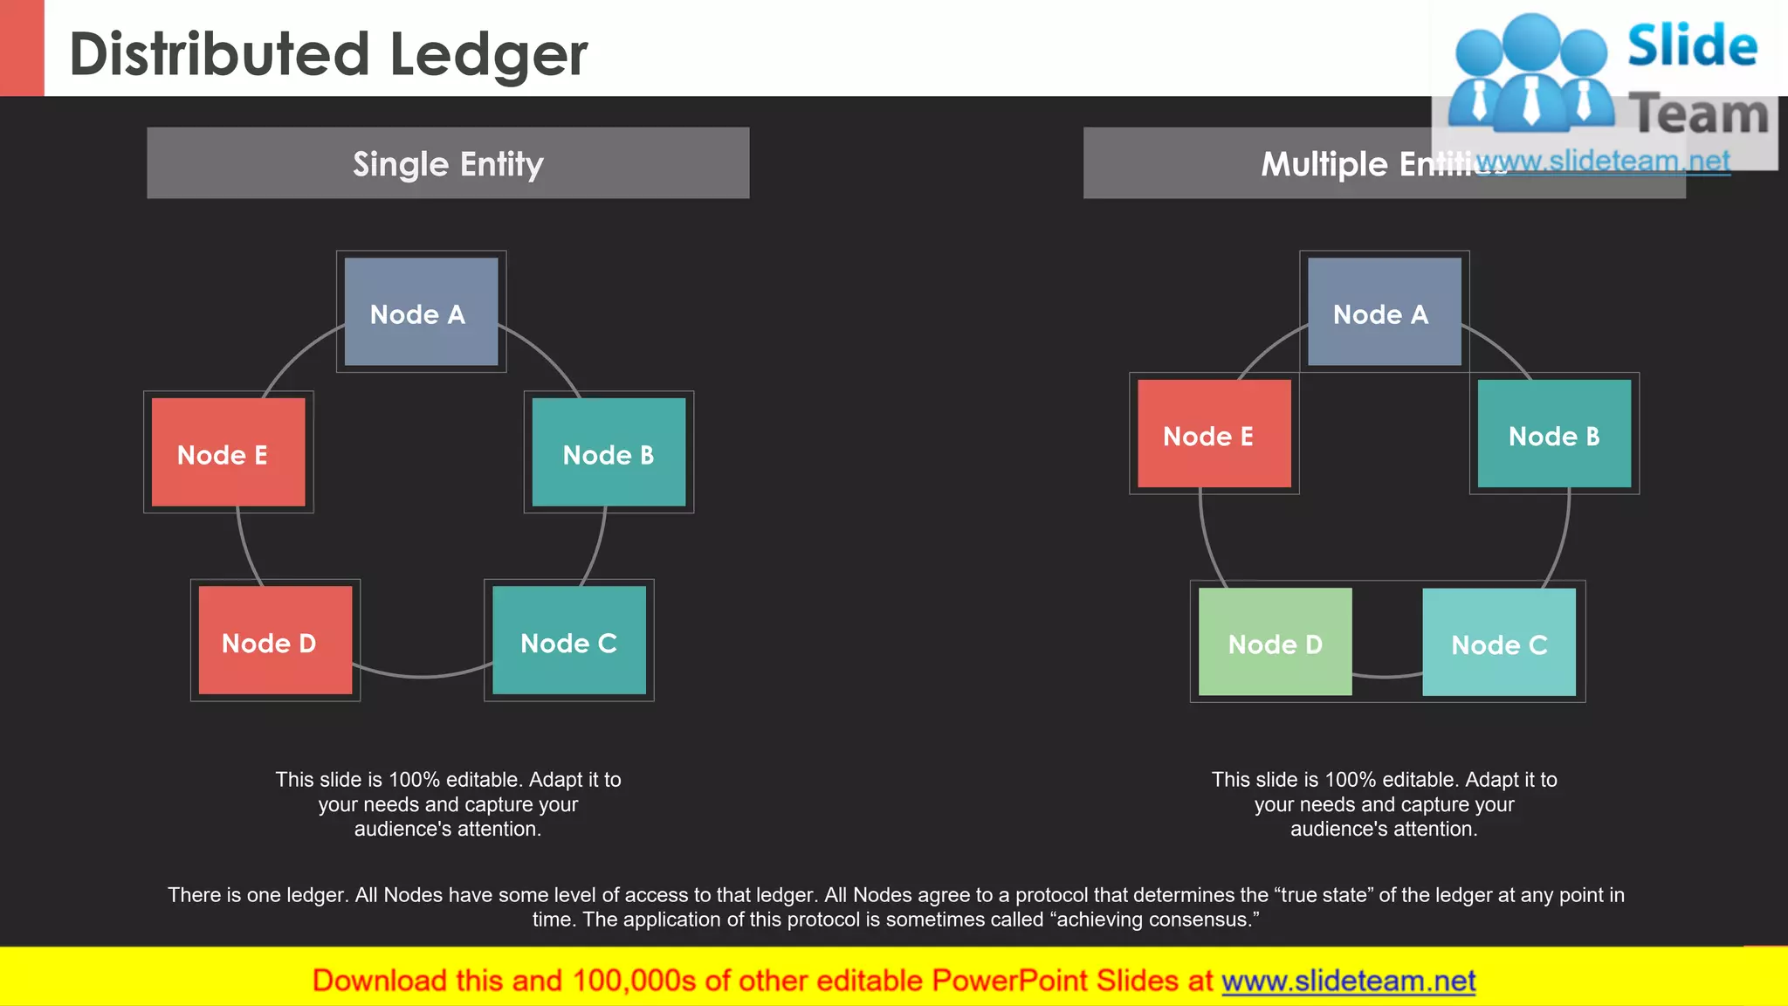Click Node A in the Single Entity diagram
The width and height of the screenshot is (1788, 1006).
[x=421, y=312]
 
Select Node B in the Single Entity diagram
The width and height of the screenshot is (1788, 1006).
[x=609, y=452]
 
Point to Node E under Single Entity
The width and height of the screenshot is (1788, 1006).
[x=228, y=452]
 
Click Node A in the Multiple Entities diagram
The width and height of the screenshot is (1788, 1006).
[x=1384, y=312]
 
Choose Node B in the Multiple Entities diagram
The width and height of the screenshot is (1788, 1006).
[x=1554, y=434]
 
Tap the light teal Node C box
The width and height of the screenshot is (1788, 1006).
[x=1498, y=643]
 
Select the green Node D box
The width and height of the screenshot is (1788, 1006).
[x=1275, y=643]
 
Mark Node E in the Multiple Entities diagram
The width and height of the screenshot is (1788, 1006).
[x=1214, y=434]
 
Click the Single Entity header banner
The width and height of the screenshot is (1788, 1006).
[x=448, y=163]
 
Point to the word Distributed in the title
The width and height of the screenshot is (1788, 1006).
[x=219, y=54]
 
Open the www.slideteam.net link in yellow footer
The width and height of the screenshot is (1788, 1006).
[x=1348, y=981]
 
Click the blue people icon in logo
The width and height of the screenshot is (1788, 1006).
[x=1530, y=74]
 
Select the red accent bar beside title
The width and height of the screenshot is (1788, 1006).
[x=22, y=48]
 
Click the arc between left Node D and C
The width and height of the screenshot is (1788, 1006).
[x=422, y=676]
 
